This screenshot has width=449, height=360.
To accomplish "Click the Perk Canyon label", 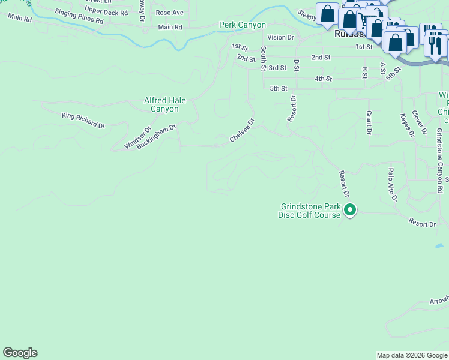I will (x=243, y=25).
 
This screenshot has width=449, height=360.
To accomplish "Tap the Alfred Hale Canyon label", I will (x=161, y=105).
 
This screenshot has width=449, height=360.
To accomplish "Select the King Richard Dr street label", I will (x=83, y=119).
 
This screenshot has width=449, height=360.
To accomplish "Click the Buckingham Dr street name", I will (x=156, y=137).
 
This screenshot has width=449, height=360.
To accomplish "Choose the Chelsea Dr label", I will (x=243, y=131).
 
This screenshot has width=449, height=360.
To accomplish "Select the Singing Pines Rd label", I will (x=79, y=16).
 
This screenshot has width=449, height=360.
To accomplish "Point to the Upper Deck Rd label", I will (x=106, y=12).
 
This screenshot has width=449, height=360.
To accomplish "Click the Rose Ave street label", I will (x=170, y=12).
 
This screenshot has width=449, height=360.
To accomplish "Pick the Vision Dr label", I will (x=280, y=37).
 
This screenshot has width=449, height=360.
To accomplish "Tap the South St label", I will (x=263, y=58).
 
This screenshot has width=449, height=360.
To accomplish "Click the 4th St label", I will (x=323, y=79).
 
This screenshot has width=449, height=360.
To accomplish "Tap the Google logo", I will (x=20, y=353).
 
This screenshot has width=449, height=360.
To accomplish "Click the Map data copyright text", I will (x=412, y=355).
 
